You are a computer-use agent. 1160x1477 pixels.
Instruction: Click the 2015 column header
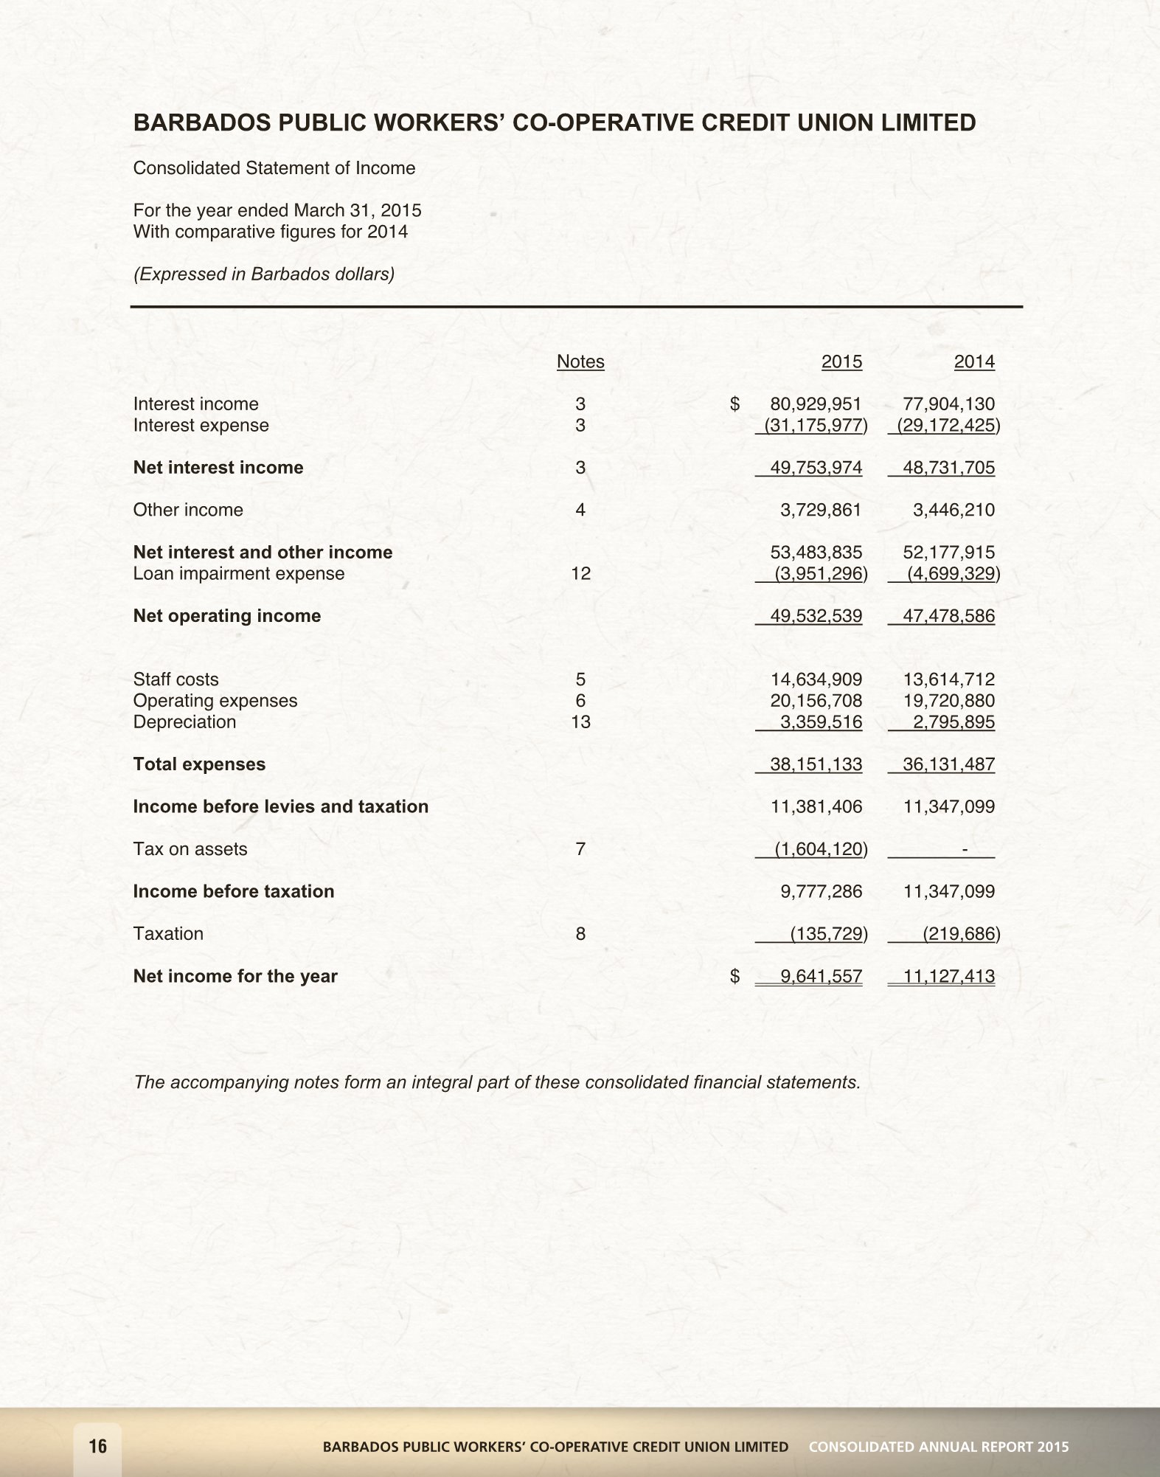(841, 362)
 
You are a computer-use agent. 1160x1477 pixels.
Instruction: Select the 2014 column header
(973, 362)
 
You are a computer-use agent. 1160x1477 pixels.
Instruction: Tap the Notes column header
(580, 362)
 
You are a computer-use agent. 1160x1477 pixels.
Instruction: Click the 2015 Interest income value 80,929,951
(816, 404)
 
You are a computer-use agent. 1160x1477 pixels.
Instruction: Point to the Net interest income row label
(218, 468)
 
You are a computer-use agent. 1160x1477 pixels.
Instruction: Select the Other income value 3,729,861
(821, 510)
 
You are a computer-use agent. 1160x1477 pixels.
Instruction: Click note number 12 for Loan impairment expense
(580, 574)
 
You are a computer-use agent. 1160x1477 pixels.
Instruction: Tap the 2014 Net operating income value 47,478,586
(948, 616)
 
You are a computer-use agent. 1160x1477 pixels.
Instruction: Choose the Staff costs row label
(176, 679)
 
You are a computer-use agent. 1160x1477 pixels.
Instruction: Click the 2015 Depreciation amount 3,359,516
(821, 722)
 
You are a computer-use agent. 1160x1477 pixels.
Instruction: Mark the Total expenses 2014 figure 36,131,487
(948, 764)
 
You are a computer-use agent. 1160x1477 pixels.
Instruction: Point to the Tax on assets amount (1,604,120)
(820, 849)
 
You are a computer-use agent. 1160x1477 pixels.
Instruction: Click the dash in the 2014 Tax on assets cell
(965, 849)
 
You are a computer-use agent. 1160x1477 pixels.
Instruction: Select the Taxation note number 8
(580, 934)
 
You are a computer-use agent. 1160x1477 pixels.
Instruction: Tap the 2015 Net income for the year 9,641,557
(821, 977)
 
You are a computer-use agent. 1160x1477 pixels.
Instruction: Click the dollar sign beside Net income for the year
(734, 977)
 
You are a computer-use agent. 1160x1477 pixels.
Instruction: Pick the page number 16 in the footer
(97, 1446)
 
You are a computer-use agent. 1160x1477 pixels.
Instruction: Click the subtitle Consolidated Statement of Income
(274, 168)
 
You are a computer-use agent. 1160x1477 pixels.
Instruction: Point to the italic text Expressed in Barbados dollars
(263, 274)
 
